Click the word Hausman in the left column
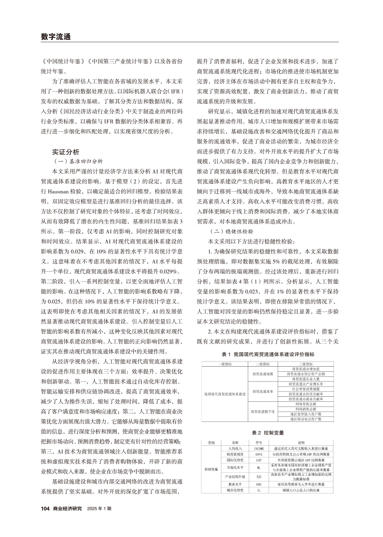[x=49, y=190]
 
